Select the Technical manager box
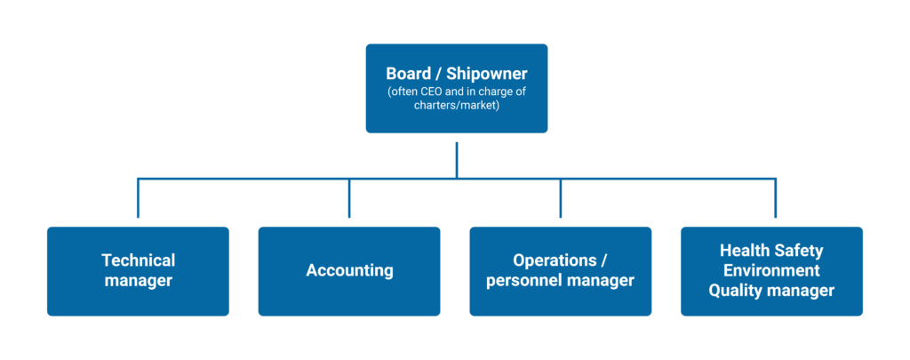pos(138,271)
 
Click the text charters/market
pos(456,104)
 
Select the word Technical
pos(138,260)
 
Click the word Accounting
pos(349,270)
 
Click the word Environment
pos(771,270)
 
